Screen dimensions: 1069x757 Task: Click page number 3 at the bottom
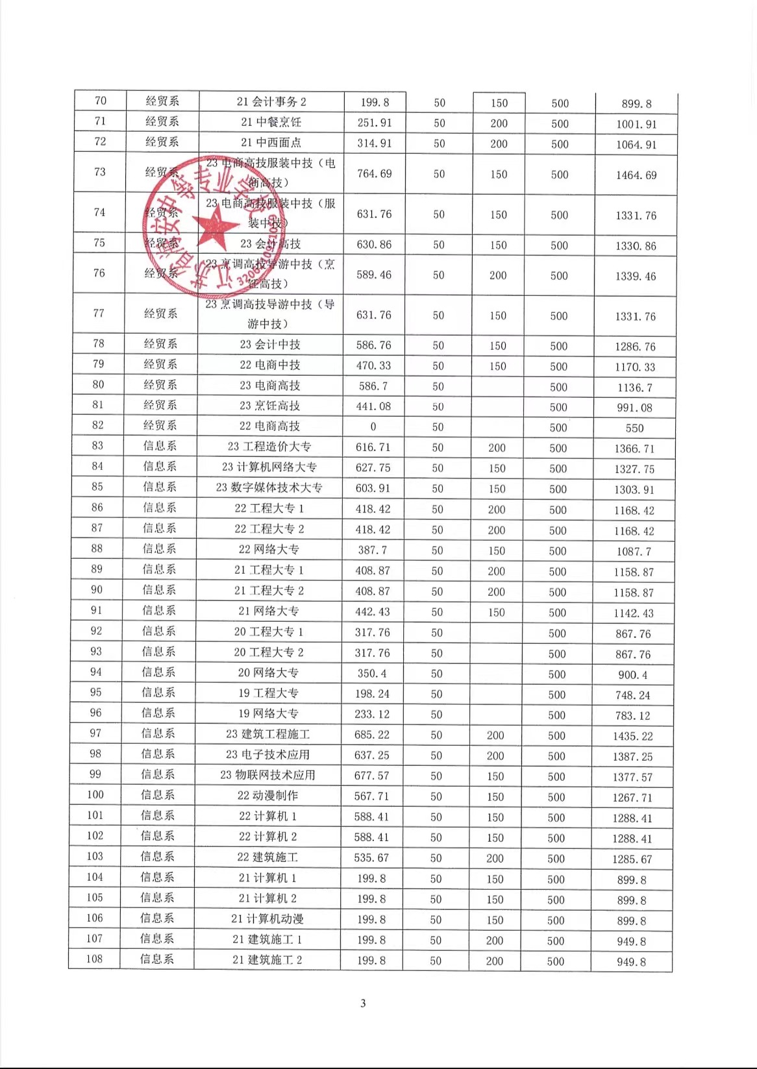pyautogui.click(x=363, y=1003)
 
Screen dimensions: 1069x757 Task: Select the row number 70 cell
pyautogui.click(x=101, y=101)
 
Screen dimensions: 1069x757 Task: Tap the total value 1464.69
pyautogui.click(x=636, y=175)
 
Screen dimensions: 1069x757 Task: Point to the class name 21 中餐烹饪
pyautogui.click(x=271, y=122)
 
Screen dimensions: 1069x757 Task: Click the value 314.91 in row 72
pyautogui.click(x=375, y=143)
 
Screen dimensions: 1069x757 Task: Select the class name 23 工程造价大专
pyautogui.click(x=269, y=447)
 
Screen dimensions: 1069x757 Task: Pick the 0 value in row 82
pyautogui.click(x=373, y=426)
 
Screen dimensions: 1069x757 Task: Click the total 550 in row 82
pyautogui.click(x=634, y=428)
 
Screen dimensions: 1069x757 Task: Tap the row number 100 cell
pyautogui.click(x=95, y=794)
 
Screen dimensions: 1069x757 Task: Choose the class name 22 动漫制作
pyautogui.click(x=267, y=795)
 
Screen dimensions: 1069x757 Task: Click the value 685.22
pyautogui.click(x=372, y=735)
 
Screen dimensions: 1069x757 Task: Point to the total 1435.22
pyautogui.click(x=633, y=736)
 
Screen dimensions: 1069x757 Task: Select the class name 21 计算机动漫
pyautogui.click(x=267, y=918)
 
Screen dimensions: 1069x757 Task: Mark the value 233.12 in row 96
pyautogui.click(x=372, y=714)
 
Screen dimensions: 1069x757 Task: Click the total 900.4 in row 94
pyautogui.click(x=633, y=675)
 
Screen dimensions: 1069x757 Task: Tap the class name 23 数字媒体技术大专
pyautogui.click(x=269, y=487)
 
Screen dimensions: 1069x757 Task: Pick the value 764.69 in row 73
pyautogui.click(x=375, y=173)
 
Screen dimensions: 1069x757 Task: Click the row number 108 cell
pyautogui.click(x=95, y=959)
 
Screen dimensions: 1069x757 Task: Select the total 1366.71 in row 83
pyautogui.click(x=634, y=448)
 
